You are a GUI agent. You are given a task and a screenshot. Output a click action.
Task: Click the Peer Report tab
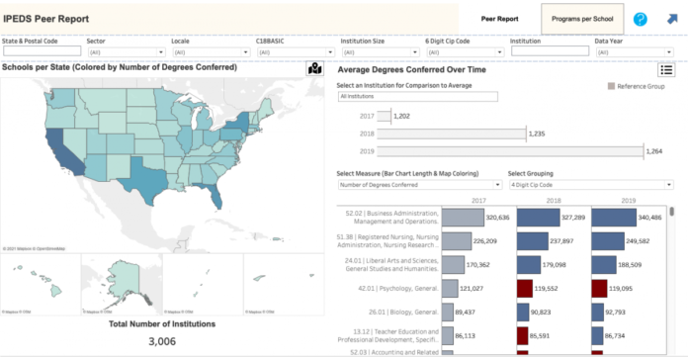(499, 19)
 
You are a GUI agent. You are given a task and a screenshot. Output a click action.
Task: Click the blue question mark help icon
(641, 19)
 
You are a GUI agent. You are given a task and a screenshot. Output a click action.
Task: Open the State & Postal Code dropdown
(41, 51)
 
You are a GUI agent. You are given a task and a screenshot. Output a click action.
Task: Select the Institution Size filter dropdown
(378, 51)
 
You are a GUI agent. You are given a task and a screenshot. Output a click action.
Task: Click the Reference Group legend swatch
(612, 87)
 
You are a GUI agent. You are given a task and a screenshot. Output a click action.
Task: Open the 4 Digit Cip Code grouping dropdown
(589, 184)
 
